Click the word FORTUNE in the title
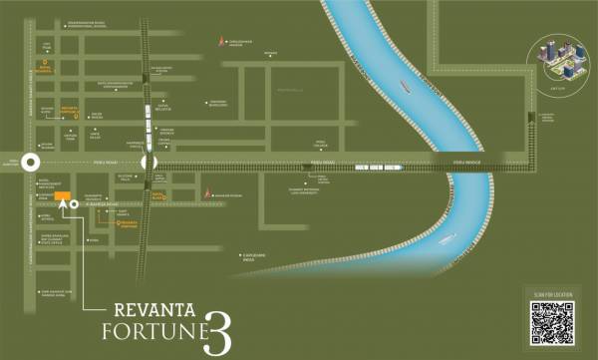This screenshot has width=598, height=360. tap(149, 331)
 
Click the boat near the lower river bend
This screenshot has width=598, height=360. tap(445, 238)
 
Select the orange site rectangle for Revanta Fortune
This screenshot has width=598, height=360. tap(62, 196)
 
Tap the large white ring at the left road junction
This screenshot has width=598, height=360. tap(31, 163)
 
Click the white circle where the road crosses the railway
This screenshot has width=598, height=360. tap(149, 163)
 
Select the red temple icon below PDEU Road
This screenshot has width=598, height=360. tap(207, 191)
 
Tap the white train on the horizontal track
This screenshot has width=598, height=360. tap(378, 168)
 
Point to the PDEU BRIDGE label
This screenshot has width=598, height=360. tap(466, 161)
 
